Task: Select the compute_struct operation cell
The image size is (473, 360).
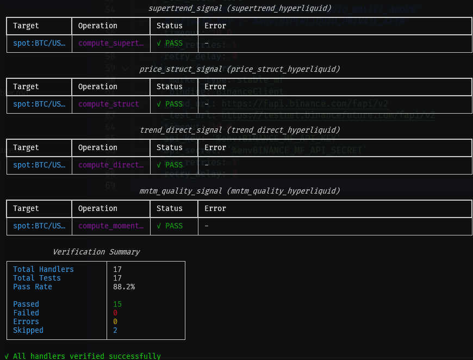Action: tap(109, 104)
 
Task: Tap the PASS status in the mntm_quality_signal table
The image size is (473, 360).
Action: tap(170, 226)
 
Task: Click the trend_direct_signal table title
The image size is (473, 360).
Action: tap(239, 130)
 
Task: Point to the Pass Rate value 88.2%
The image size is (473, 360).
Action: tap(124, 287)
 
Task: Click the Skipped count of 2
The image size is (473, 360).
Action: tap(115, 330)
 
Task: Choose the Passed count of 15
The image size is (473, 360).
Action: tap(117, 304)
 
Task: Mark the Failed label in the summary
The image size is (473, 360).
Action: tap(26, 313)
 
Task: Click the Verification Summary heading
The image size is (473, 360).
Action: tap(96, 252)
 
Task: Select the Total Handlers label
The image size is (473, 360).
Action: tap(43, 269)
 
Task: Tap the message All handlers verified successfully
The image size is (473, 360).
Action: tap(83, 356)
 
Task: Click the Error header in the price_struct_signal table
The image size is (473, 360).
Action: tap(215, 86)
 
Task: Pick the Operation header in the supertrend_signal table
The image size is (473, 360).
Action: tap(98, 26)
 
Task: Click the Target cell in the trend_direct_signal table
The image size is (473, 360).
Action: tap(39, 165)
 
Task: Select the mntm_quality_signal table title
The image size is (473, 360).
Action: tap(239, 191)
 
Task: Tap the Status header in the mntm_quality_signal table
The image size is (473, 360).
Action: tap(170, 208)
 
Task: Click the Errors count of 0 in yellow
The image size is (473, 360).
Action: tap(115, 321)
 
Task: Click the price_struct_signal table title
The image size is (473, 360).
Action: tap(239, 69)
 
